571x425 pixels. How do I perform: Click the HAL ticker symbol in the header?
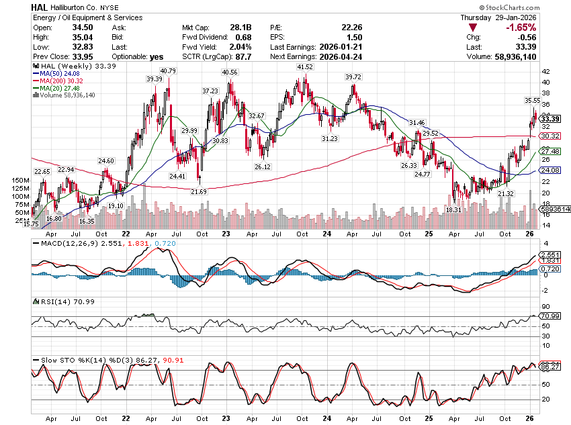coord(40,6)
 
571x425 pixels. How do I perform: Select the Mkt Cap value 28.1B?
coord(241,28)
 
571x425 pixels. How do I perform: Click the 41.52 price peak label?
coord(305,67)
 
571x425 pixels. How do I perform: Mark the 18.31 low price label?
coord(454,209)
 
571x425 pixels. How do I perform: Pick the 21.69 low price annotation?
coord(199,192)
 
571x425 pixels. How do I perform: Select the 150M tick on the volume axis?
coord(21,181)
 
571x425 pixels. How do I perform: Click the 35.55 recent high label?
coord(533,100)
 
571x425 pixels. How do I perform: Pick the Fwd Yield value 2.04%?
coord(240,47)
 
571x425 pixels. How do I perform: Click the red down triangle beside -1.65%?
coord(474,28)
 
